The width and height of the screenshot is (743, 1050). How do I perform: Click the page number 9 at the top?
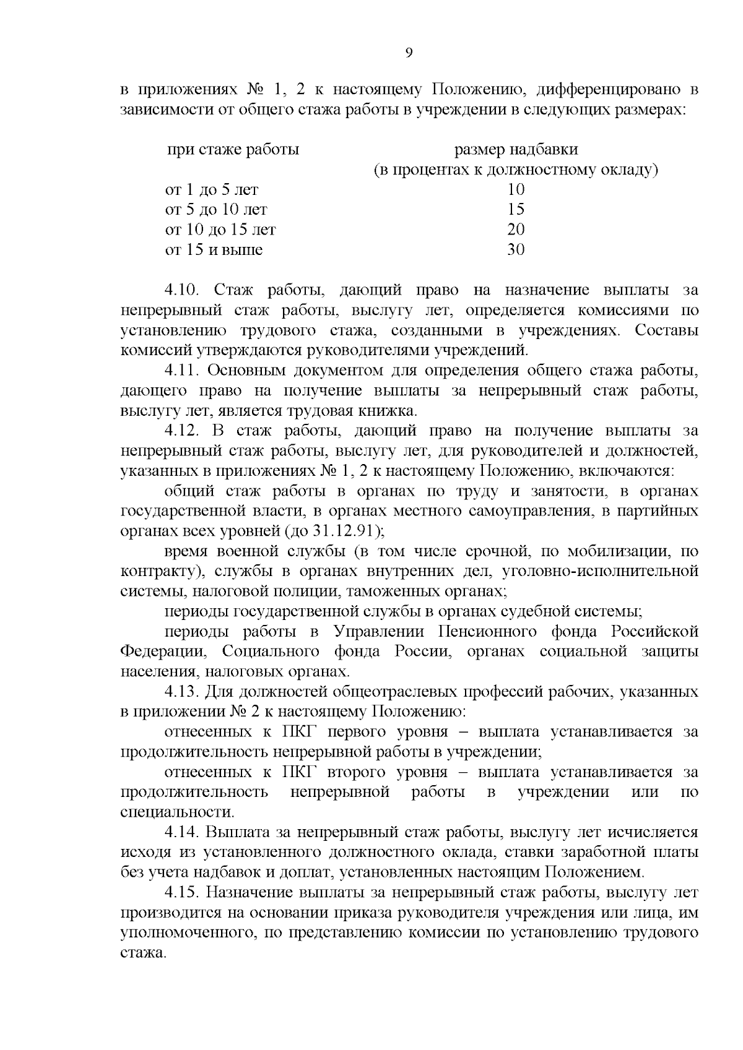click(x=409, y=53)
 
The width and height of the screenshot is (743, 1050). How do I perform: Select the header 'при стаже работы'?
click(x=232, y=150)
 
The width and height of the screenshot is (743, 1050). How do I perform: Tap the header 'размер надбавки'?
click(x=516, y=150)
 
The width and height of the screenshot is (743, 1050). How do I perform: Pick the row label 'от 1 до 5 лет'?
click(x=211, y=190)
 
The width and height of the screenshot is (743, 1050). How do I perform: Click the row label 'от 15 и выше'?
click(x=214, y=250)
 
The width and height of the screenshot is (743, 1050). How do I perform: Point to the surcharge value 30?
click(x=516, y=250)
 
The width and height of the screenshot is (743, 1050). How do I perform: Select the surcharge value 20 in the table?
click(x=516, y=230)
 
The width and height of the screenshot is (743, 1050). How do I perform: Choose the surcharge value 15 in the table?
click(x=516, y=210)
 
